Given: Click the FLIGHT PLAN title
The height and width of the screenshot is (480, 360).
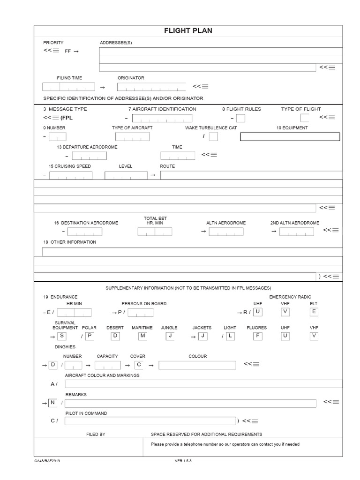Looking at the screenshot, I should pos(188,31).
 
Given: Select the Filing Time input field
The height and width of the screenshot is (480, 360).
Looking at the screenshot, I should pos(68,87).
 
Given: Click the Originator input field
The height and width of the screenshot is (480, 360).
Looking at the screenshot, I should pos(151,87).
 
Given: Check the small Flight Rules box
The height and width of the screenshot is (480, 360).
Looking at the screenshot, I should pos(240,118).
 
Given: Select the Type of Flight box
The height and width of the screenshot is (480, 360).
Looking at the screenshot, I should pos(304,118).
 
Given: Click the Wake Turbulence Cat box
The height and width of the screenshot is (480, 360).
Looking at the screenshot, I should pos(213,136).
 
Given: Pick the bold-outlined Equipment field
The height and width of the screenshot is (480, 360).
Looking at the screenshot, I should pos(290,136).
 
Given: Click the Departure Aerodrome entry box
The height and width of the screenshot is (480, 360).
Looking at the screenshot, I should pos(89,156).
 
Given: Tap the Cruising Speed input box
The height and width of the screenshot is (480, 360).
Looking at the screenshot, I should pos(71,175).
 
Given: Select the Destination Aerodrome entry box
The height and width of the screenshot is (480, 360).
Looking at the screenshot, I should pos(84,232).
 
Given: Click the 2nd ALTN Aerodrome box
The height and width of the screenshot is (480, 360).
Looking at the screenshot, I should pos(297,232).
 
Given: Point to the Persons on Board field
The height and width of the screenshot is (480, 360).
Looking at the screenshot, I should pos(140,313).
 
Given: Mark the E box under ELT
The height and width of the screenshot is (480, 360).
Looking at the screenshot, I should pos(314,312).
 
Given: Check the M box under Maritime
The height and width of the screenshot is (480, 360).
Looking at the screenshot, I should pos(142,336).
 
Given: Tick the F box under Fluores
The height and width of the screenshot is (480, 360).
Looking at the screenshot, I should pos(258,336).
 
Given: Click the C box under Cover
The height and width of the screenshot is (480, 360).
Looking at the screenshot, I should pos(138,365).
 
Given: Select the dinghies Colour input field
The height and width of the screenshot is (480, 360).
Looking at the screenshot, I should pos(197,365).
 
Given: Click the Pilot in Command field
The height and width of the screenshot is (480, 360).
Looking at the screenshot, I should pos(150,421).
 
